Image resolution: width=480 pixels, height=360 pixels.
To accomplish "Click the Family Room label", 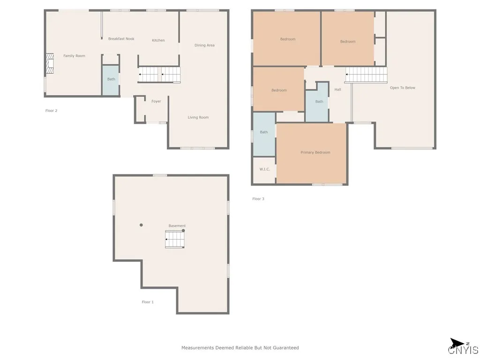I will click(x=74, y=56).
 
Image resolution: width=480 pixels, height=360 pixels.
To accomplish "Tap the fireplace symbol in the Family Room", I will click(x=50, y=64).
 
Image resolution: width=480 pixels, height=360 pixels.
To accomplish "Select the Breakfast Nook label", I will click(x=121, y=39).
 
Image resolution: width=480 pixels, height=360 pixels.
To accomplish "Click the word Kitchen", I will click(x=158, y=40).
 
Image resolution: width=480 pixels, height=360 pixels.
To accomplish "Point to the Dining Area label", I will click(x=204, y=45).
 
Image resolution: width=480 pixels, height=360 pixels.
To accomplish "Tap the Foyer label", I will click(x=156, y=101).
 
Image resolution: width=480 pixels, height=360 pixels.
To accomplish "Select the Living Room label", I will click(x=198, y=117).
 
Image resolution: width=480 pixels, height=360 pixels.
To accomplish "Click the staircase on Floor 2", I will click(x=159, y=75).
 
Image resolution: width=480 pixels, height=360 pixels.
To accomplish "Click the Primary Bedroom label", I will click(x=315, y=152).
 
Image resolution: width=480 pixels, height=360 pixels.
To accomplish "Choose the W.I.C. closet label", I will click(x=264, y=169).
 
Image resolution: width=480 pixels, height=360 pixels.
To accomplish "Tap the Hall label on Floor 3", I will click(x=337, y=90).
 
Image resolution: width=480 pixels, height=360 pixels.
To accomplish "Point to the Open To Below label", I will click(x=403, y=88).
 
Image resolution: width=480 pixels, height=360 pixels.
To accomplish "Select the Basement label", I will click(x=177, y=226).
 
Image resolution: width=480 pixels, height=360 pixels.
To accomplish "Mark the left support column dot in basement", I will click(x=141, y=225).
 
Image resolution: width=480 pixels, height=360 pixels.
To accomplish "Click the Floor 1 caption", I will click(x=148, y=302).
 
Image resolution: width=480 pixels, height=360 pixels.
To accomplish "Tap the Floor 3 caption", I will click(x=258, y=199).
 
